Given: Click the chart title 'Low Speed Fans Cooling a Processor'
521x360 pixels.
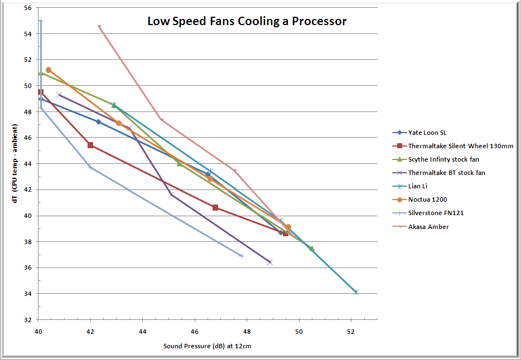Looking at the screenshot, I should click(247, 22).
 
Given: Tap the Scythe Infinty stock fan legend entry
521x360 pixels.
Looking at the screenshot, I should click(443, 159).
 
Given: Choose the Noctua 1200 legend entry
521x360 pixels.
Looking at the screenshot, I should click(427, 200).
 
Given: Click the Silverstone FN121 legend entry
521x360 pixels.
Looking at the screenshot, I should click(436, 213).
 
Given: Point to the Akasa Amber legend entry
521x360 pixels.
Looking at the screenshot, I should click(428, 226).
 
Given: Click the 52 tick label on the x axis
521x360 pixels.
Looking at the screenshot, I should click(351, 331).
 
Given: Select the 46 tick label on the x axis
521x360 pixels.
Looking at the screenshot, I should click(195, 331).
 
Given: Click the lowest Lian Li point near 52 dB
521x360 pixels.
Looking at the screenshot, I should click(356, 292).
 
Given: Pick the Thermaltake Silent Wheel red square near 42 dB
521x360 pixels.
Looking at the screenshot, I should click(90, 145).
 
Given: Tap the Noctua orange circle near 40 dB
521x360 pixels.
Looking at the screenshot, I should click(49, 70).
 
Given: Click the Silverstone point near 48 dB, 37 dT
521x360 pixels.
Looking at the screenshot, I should click(242, 256).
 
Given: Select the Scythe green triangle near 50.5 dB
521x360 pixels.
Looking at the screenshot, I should click(312, 249).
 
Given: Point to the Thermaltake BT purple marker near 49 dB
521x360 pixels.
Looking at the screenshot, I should click(270, 262).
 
